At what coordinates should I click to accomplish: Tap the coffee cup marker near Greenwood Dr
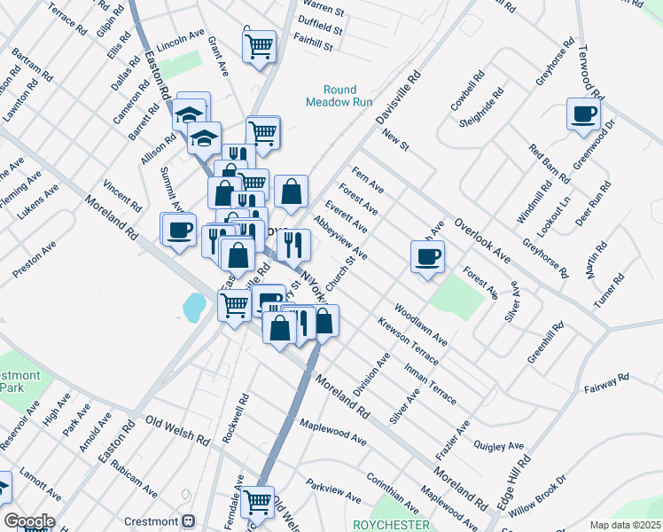pos(583,113)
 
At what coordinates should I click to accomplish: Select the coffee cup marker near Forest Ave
pos(427,256)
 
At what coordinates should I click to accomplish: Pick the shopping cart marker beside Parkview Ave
pos(258,502)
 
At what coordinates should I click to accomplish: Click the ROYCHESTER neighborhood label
pos(391,525)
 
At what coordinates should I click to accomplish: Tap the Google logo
pos(29,521)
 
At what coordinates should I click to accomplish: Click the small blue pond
pos(192,307)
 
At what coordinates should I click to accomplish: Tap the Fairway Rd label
pos(606,383)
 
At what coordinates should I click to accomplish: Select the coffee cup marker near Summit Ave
pos(177,230)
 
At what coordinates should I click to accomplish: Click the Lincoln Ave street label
pos(180,42)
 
